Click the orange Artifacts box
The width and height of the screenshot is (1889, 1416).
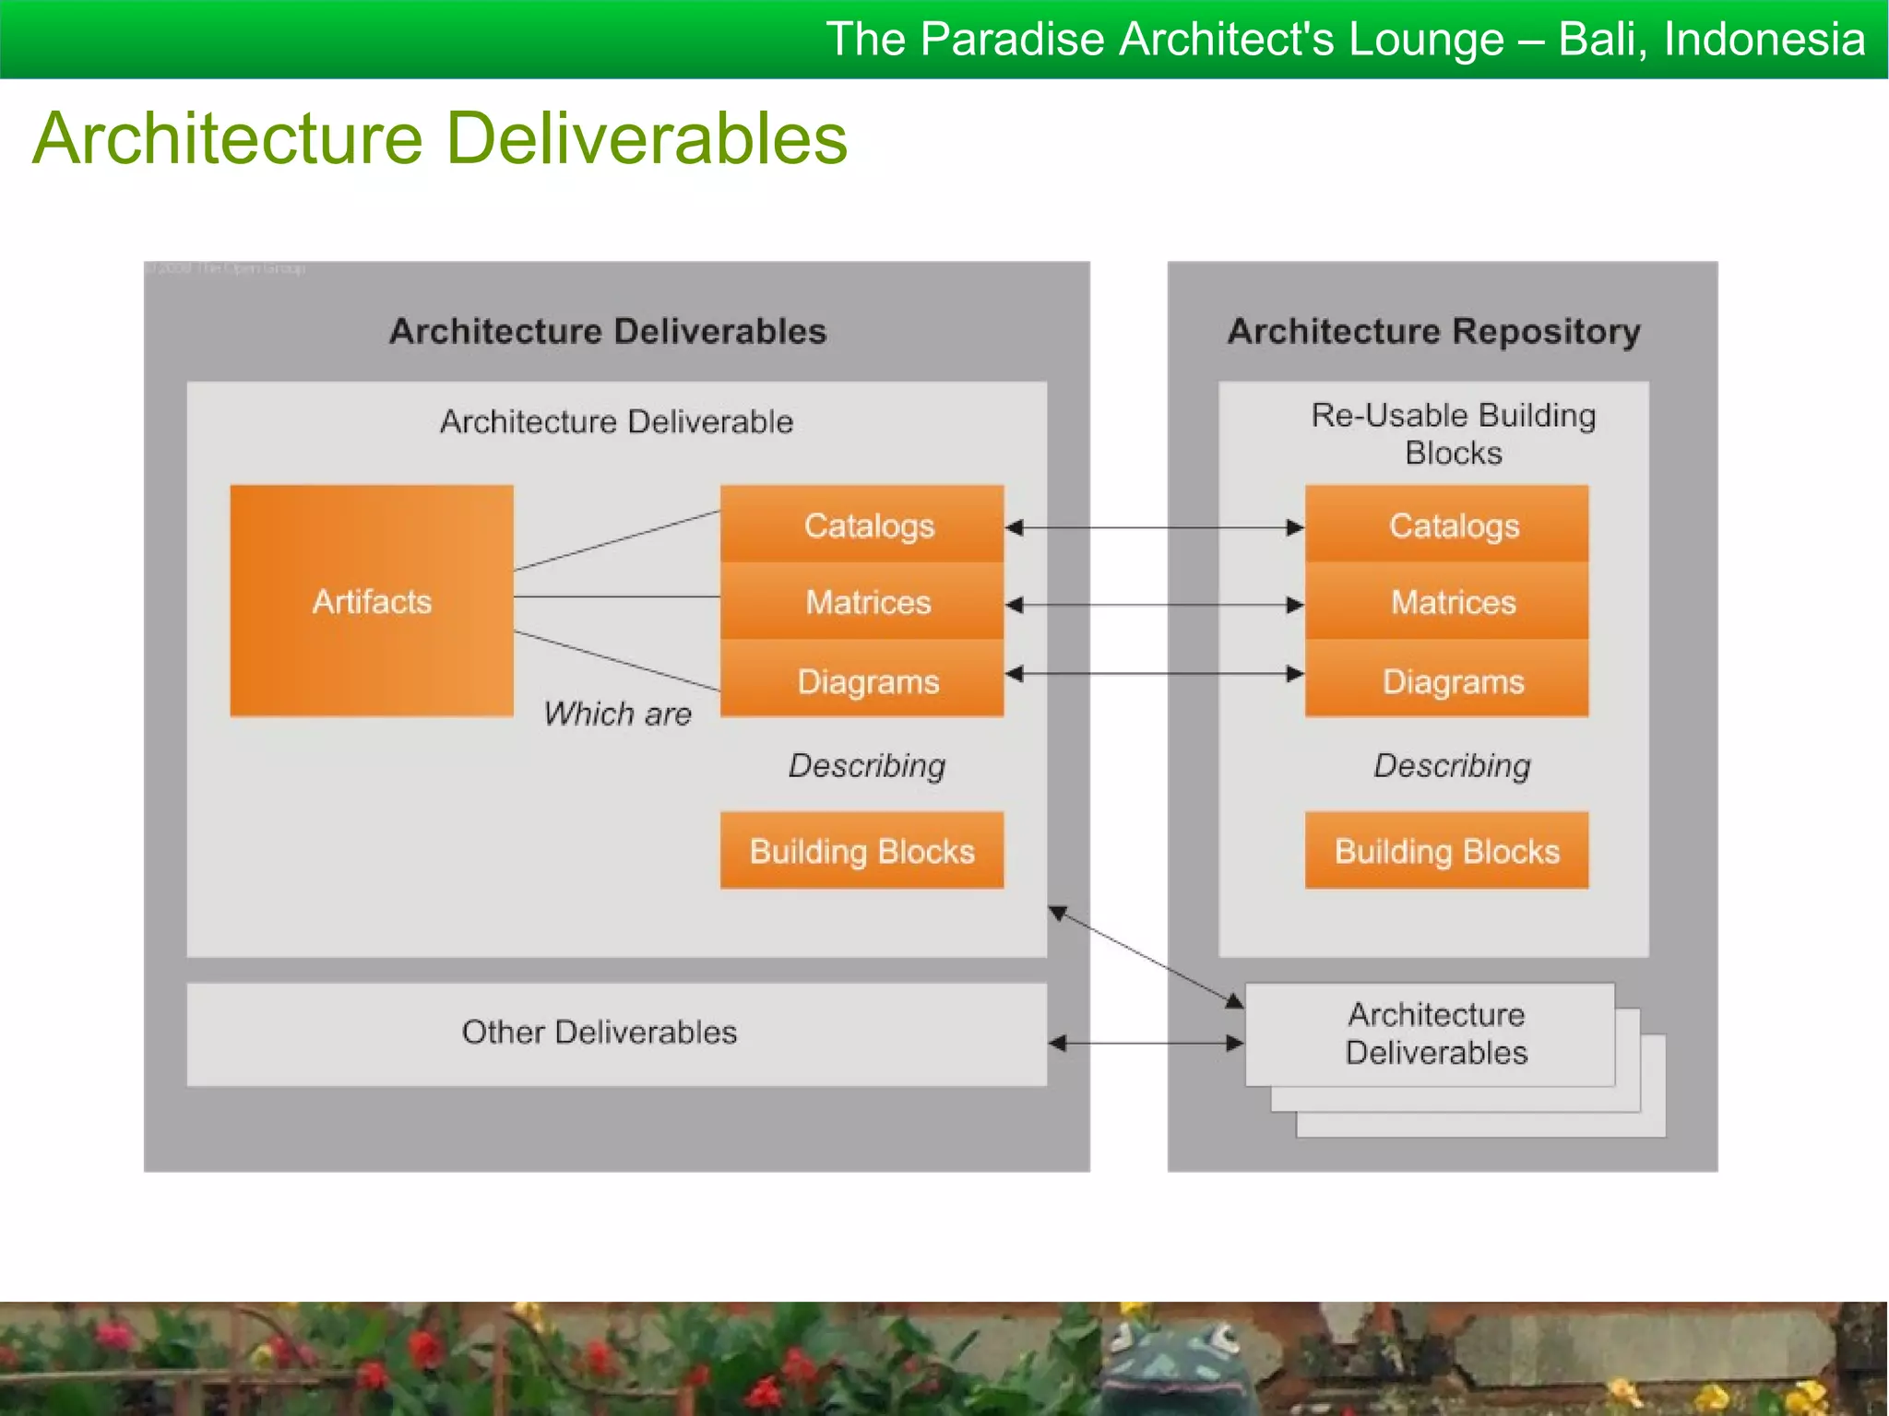pos(372,601)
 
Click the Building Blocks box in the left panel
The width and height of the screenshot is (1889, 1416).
pos(861,850)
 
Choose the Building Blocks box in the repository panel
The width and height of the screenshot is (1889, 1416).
pos(1446,850)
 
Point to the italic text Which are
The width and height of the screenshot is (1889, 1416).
pos(617,714)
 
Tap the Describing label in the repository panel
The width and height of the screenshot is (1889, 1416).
pos(1452,765)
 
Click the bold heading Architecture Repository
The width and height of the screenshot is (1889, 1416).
pos(1433,331)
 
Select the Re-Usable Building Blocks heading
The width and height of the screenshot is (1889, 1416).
pos(1453,433)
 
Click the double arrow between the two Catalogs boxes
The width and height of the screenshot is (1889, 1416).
pos(1153,527)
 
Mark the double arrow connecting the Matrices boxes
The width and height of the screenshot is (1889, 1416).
pos(1153,605)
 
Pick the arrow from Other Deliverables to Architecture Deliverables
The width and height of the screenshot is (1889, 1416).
pos(1146,1043)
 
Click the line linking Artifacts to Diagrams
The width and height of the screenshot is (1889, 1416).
pos(616,660)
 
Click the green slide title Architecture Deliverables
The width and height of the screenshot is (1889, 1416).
pos(440,138)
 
